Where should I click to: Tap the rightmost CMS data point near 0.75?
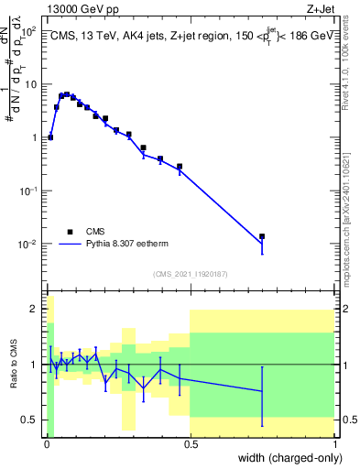tap(262, 236)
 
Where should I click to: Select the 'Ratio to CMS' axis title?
tap(13, 365)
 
